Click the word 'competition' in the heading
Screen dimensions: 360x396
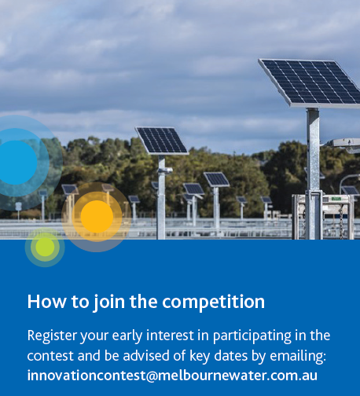213,302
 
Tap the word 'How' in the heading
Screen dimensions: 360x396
47,302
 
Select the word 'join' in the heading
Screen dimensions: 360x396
109,302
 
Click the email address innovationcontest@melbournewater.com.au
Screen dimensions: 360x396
172,376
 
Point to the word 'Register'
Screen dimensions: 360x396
52,335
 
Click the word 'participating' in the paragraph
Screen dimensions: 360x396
252,336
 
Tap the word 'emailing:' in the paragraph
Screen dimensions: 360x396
298,356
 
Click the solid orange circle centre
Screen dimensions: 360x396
97,216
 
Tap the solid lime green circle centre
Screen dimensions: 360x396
45,247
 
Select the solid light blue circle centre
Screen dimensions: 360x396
17,163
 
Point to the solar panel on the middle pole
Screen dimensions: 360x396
162,141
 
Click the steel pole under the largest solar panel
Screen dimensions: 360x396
313,174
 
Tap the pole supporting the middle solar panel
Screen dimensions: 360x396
161,197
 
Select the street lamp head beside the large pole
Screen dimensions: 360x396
345,145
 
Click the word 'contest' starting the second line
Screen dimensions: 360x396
50,356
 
